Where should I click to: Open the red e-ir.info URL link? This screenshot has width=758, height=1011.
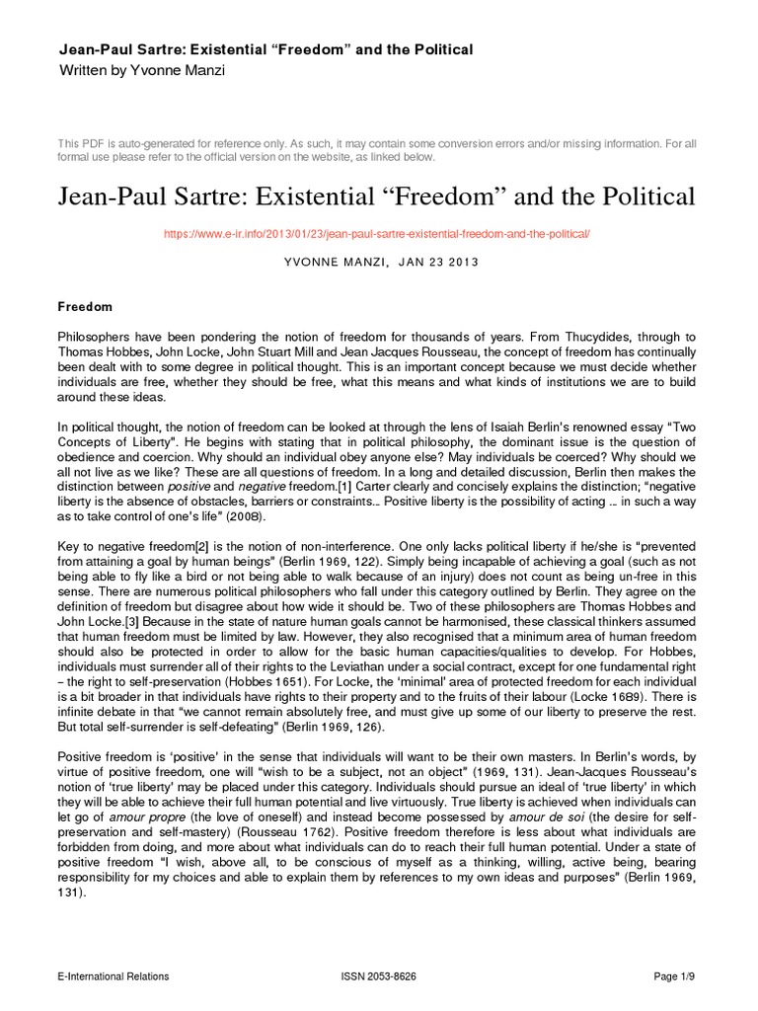pyautogui.click(x=379, y=235)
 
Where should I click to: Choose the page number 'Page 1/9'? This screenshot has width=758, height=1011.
pyautogui.click(x=674, y=977)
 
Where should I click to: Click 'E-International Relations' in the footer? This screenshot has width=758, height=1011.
pyautogui.click(x=114, y=977)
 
